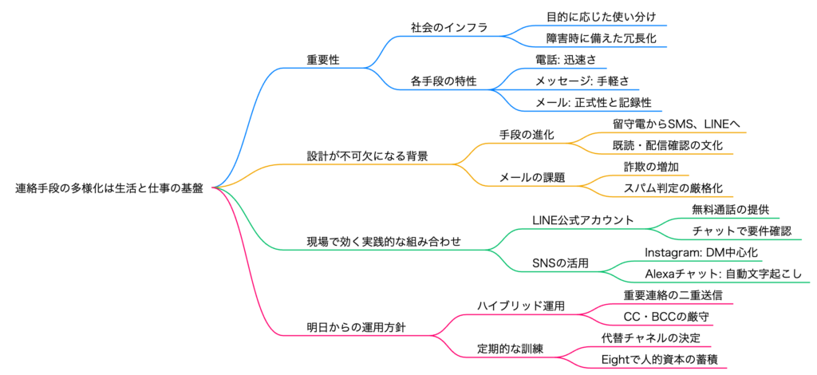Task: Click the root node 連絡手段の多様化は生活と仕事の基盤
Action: click(x=109, y=189)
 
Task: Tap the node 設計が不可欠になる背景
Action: click(x=367, y=156)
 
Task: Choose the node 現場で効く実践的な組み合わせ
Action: click(x=384, y=242)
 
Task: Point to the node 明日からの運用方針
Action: click(x=349, y=328)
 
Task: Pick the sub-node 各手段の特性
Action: click(x=444, y=81)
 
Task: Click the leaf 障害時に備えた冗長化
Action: click(x=601, y=37)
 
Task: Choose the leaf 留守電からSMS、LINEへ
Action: click(x=677, y=124)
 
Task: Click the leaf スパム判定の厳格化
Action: click(x=673, y=188)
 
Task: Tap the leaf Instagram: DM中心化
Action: click(x=701, y=253)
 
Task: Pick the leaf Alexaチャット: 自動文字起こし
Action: click(x=724, y=274)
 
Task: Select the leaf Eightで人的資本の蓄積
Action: click(x=659, y=360)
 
